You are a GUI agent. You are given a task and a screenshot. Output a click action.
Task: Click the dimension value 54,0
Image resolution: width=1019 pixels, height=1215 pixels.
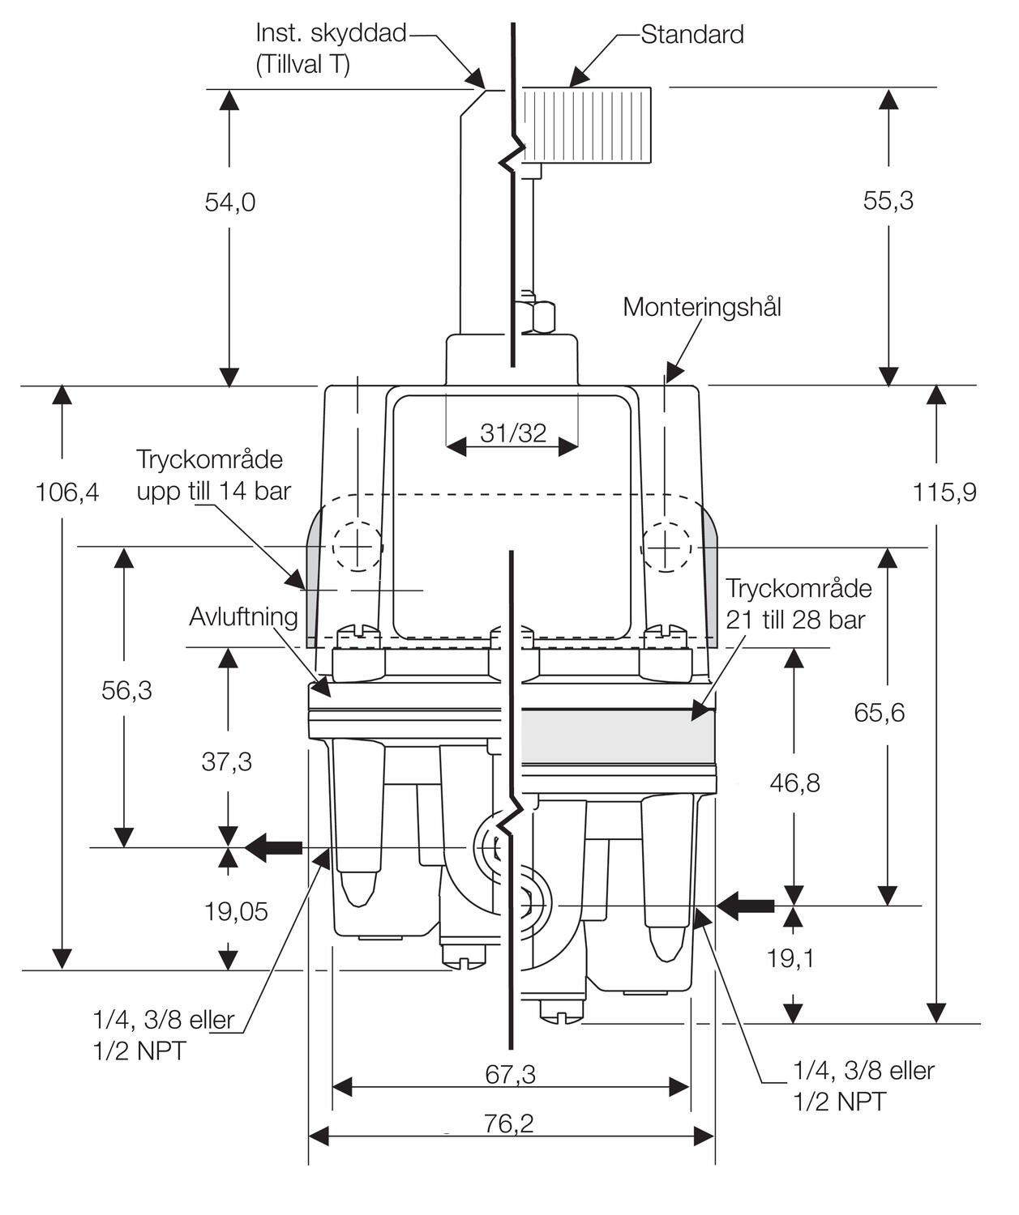click(x=229, y=202)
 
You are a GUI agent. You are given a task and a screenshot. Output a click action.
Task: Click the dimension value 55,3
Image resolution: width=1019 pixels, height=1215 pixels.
click(x=888, y=200)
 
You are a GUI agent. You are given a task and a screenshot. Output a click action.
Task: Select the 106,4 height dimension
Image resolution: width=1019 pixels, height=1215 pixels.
click(x=67, y=492)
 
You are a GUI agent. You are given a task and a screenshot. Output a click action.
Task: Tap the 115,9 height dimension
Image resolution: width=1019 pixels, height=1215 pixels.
click(x=944, y=492)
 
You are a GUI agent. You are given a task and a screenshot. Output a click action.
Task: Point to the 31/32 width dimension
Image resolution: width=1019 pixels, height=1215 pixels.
click(x=513, y=433)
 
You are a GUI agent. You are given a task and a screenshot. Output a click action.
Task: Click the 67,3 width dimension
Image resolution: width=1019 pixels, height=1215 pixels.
click(x=511, y=1074)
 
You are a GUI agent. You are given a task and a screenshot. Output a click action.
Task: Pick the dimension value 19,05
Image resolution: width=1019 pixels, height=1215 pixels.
click(x=235, y=911)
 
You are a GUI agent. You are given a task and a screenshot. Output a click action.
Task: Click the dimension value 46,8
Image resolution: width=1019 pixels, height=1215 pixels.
click(x=794, y=782)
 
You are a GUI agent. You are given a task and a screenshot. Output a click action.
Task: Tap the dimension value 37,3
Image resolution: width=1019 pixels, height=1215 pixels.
click(x=227, y=761)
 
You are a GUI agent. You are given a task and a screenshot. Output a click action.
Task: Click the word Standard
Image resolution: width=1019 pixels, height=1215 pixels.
click(x=691, y=34)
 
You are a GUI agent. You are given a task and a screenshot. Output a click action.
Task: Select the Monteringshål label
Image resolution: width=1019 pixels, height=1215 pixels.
click(x=702, y=307)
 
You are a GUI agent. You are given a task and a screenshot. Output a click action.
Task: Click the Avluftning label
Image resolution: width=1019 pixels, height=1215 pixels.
click(x=243, y=616)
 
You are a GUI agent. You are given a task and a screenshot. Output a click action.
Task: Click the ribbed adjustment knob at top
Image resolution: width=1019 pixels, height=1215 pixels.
click(x=585, y=124)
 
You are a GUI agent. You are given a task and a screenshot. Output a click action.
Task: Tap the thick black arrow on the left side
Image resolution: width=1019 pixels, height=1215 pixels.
click(x=273, y=848)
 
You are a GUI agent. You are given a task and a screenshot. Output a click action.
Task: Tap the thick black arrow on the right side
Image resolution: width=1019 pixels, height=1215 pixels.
click(x=747, y=905)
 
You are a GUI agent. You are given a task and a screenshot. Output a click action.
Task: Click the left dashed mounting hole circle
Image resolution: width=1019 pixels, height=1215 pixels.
click(x=355, y=548)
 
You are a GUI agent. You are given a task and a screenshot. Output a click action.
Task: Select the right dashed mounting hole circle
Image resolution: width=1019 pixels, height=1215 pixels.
click(x=666, y=548)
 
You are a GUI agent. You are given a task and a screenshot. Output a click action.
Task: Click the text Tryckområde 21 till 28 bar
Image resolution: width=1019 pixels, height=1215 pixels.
click(x=798, y=603)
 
